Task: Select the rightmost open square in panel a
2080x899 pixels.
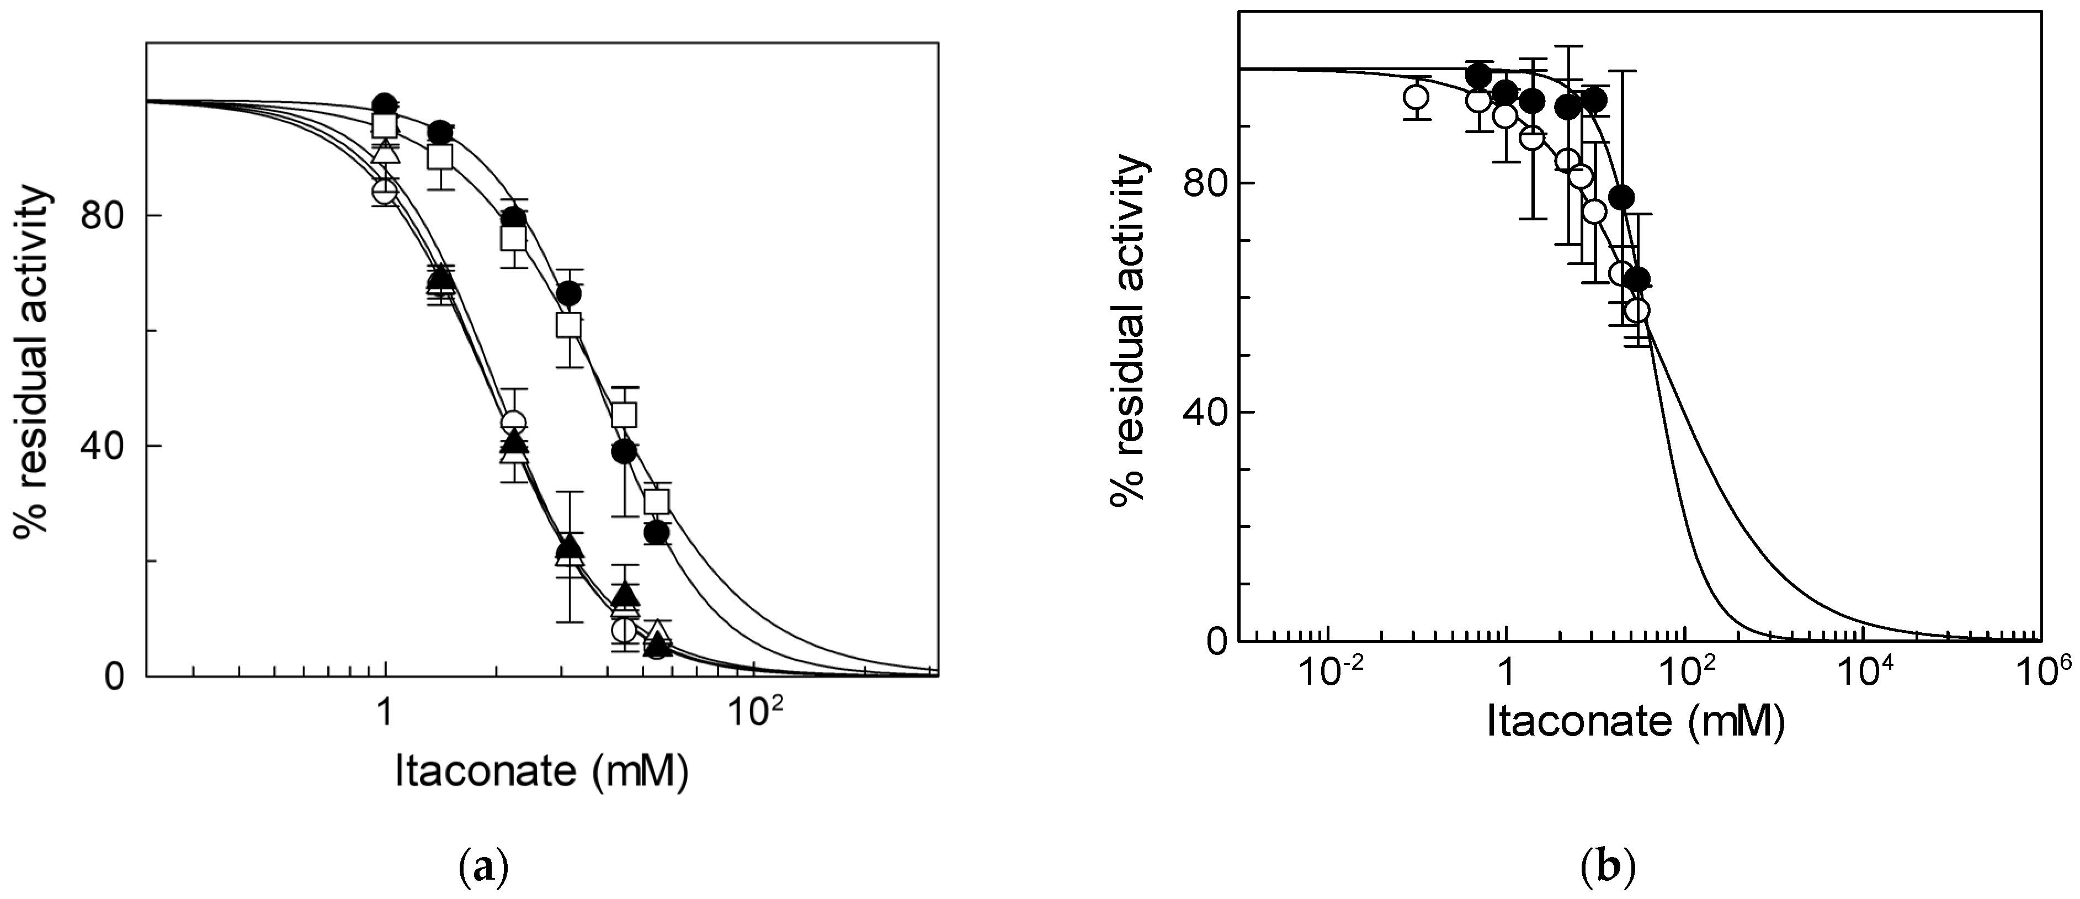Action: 658,501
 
